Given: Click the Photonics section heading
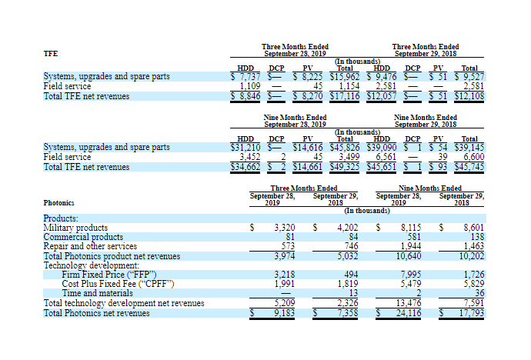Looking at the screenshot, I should click(x=58, y=203).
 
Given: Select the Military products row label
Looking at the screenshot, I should click(x=75, y=228).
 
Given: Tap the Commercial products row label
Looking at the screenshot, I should click(x=83, y=237).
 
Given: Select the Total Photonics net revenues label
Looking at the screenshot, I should click(x=97, y=312).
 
